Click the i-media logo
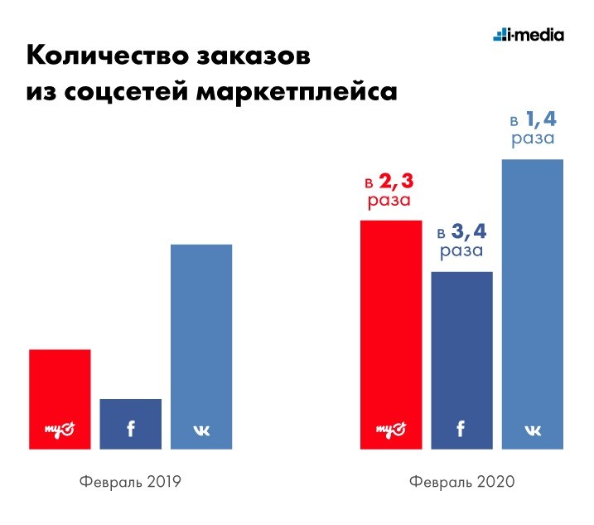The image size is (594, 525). point(528,35)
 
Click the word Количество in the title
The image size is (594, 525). point(105,58)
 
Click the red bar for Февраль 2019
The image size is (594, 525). point(60,386)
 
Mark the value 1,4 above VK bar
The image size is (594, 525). point(543,120)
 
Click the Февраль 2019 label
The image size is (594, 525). point(130,482)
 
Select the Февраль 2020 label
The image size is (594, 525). point(461,482)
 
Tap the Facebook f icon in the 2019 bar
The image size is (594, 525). point(130,429)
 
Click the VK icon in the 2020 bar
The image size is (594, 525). point(533,430)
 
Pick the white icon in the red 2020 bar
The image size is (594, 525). point(390,429)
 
